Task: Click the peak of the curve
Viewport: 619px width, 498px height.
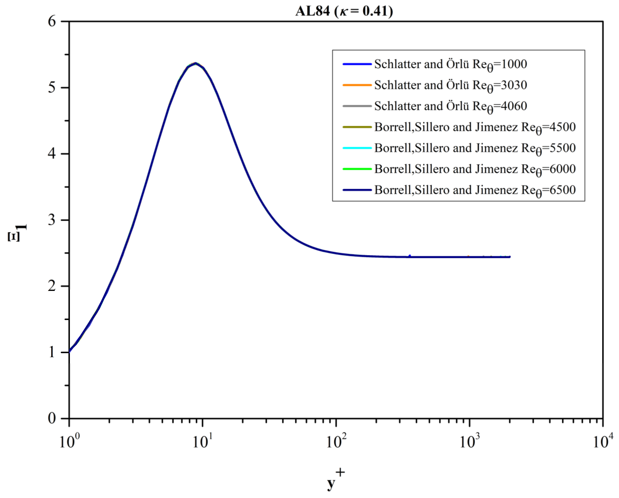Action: coord(195,63)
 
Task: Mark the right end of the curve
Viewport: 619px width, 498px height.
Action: coord(510,257)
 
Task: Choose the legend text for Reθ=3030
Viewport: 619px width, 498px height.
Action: coord(450,85)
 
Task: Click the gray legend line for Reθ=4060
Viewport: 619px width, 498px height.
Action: coord(357,106)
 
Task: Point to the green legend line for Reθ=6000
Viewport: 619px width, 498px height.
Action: coord(357,169)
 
